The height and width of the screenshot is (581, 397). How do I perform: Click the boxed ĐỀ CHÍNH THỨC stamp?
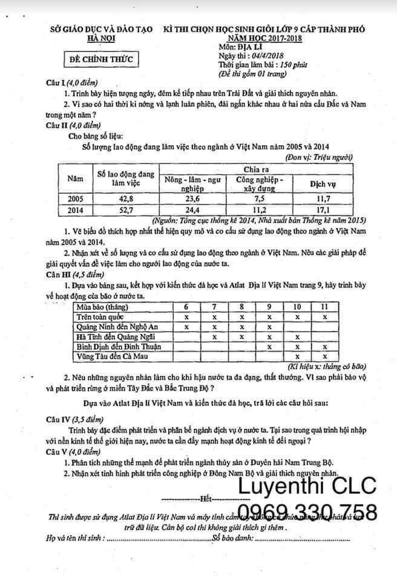(100, 60)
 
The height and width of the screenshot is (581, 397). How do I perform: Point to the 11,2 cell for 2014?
(258, 209)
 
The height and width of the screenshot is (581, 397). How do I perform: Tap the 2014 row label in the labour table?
(76, 209)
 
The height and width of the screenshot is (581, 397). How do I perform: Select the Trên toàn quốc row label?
(99, 317)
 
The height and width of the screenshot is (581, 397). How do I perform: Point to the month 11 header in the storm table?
(324, 306)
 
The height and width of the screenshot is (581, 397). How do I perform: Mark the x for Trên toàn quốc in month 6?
(186, 317)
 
